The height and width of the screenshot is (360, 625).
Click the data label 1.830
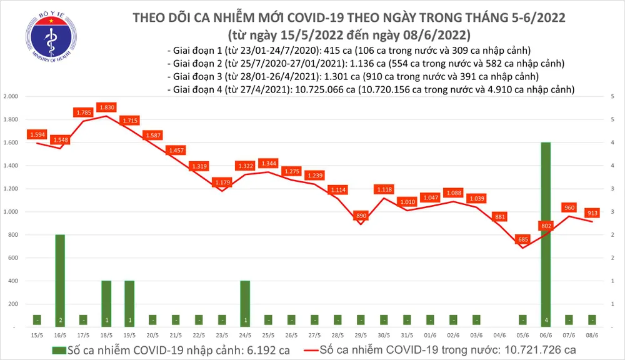click(x=106, y=107)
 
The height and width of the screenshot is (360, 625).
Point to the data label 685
click(x=522, y=239)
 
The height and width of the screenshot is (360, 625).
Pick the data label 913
click(x=591, y=212)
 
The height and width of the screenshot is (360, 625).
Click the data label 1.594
click(x=37, y=134)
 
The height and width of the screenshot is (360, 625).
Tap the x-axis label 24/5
click(x=245, y=334)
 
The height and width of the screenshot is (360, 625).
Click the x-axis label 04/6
click(x=499, y=334)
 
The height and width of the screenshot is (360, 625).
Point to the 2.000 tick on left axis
click(x=11, y=97)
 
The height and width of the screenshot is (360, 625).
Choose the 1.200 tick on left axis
click(x=11, y=189)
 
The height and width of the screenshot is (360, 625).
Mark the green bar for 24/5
click(x=245, y=303)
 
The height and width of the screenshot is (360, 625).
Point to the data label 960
click(x=568, y=207)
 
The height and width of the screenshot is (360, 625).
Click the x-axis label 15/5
click(x=37, y=334)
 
